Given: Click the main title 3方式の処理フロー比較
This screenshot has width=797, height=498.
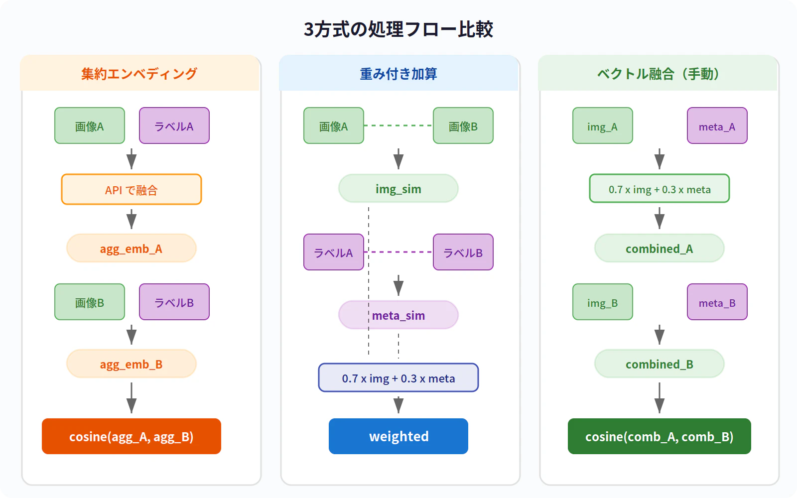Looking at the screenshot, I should (398, 29).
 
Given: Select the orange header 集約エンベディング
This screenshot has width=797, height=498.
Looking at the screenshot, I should (139, 74).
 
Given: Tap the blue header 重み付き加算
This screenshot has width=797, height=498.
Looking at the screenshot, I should (398, 74).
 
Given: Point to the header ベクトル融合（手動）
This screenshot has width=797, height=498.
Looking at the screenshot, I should (658, 74).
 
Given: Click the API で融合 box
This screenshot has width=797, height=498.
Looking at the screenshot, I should (132, 190).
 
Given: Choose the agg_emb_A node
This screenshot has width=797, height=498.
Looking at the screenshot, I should (132, 249).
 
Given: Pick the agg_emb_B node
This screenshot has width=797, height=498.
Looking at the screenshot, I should (132, 364).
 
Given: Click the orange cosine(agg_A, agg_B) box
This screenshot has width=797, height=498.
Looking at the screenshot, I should (132, 436).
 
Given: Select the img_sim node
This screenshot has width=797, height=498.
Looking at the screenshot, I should (398, 189).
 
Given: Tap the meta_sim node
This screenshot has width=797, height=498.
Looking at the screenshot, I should (398, 315).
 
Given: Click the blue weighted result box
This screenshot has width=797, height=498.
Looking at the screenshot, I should (398, 436).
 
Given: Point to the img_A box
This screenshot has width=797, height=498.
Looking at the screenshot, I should (603, 126).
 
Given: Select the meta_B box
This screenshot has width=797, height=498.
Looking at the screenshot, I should (717, 302).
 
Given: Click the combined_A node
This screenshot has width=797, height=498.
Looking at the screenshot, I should (660, 249).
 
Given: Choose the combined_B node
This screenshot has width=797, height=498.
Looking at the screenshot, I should (660, 364).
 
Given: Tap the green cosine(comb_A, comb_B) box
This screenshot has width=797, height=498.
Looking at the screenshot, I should (660, 436).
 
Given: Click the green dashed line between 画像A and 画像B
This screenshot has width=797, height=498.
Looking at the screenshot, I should (398, 125).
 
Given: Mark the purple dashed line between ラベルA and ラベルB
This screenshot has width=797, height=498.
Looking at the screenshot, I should (398, 252).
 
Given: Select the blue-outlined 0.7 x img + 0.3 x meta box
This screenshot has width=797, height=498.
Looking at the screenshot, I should (398, 378).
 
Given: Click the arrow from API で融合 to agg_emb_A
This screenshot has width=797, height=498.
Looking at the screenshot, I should (132, 219).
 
